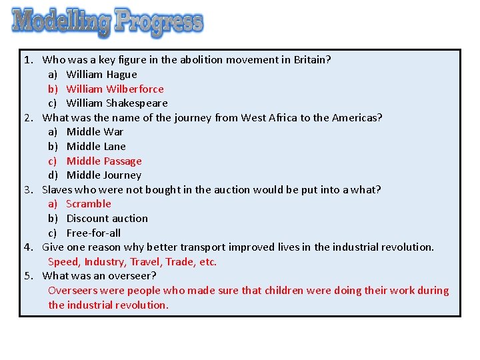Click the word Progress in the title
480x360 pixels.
(159, 22)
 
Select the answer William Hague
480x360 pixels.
(101, 75)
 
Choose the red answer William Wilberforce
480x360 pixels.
(115, 89)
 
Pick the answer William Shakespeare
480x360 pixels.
(117, 103)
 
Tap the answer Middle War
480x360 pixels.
(95, 132)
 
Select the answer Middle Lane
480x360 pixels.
(96, 147)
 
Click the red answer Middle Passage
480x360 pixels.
(104, 161)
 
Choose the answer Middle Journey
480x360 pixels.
(104, 175)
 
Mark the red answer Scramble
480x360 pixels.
(89, 204)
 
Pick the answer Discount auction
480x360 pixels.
(107, 219)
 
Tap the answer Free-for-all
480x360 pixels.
(93, 233)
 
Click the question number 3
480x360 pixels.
(29, 190)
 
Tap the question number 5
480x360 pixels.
(29, 276)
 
